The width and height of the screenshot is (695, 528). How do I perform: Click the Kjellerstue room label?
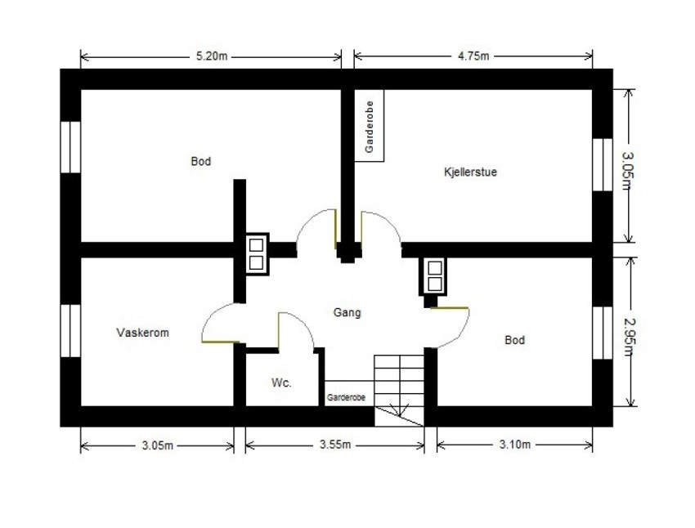click(470, 172)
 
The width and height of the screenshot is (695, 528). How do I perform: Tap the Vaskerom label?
click(143, 333)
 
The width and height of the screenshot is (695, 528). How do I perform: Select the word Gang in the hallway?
click(347, 312)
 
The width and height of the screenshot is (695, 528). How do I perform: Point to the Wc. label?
click(281, 383)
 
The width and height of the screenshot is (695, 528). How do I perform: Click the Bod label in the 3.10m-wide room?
click(514, 340)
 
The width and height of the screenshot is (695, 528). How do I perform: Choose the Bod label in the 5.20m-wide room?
click(200, 162)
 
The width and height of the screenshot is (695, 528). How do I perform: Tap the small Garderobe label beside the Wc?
click(346, 397)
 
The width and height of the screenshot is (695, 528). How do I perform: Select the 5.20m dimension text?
click(211, 56)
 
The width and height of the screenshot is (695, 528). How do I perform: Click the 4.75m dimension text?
click(473, 56)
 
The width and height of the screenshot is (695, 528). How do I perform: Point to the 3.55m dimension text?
click(335, 445)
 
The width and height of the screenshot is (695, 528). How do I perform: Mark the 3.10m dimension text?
click(515, 445)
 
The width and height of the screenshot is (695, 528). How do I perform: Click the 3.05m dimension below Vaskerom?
click(158, 445)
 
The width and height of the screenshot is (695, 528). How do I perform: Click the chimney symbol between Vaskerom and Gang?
click(257, 253)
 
